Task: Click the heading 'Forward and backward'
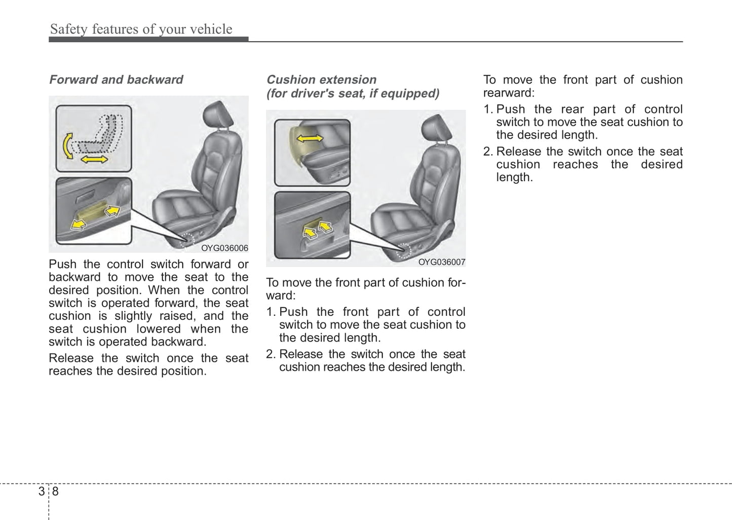pyautogui.click(x=116, y=80)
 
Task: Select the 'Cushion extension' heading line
pyautogui.click(x=322, y=80)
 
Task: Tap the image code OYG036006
pyautogui.click(x=224, y=248)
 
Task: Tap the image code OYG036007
pyautogui.click(x=442, y=262)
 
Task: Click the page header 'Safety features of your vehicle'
pyautogui.click(x=141, y=29)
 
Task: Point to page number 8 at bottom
pyautogui.click(x=55, y=491)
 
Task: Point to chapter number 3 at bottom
pyautogui.click(x=41, y=491)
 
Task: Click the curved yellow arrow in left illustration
pyautogui.click(x=66, y=146)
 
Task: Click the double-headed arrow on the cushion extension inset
pyautogui.click(x=310, y=138)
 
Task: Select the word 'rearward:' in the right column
pyautogui.click(x=509, y=93)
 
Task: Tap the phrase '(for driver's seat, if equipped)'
pyautogui.click(x=353, y=93)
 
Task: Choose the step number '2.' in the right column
pyautogui.click(x=488, y=152)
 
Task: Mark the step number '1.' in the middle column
pyautogui.click(x=271, y=312)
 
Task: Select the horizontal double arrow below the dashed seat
pyautogui.click(x=95, y=160)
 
